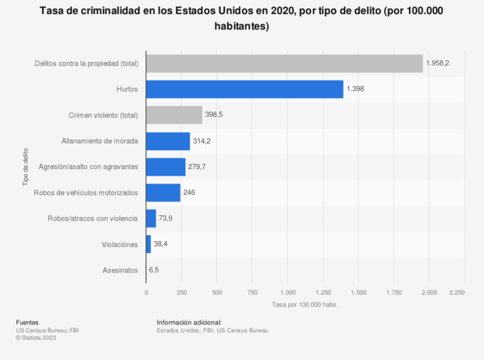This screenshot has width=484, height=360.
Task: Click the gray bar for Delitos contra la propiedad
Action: (284, 64)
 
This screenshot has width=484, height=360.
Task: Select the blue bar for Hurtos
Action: (245, 90)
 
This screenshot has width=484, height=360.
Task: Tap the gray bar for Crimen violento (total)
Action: (174, 115)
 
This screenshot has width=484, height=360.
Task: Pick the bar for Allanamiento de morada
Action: (168, 141)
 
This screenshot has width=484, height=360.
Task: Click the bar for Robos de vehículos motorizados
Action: (163, 192)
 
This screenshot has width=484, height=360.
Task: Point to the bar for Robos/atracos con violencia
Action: (151, 218)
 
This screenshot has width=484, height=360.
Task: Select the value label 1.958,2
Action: (437, 64)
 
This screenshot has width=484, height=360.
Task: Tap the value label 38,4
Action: (162, 244)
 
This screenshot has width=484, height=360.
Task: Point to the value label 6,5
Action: (154, 270)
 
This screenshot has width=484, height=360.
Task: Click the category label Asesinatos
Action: (120, 270)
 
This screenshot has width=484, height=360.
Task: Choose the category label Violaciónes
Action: (119, 244)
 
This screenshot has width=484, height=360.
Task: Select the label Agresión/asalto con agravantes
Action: (88, 167)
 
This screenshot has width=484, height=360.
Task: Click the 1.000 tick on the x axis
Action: (288, 293)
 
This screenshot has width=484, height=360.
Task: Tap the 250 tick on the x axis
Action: (181, 293)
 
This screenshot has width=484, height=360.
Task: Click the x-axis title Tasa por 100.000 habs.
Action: (305, 305)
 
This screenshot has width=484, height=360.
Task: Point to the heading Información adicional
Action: (189, 323)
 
